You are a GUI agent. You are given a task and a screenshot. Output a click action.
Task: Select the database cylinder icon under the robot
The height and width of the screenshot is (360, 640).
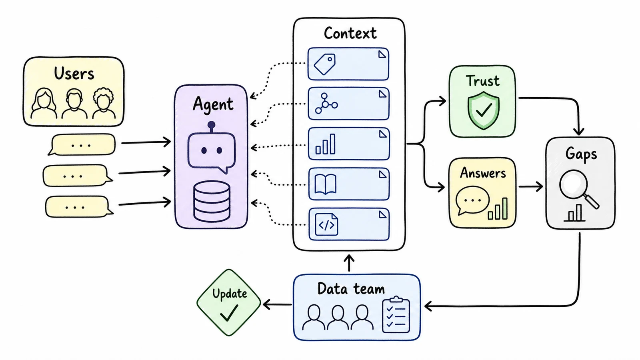coord(212,201)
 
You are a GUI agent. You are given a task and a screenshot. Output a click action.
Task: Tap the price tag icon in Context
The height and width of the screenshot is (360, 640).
coord(324,64)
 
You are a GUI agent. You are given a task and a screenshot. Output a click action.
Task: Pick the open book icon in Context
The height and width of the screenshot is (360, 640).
coord(326,184)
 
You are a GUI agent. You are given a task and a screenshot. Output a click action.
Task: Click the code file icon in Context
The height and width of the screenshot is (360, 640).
coord(326,224)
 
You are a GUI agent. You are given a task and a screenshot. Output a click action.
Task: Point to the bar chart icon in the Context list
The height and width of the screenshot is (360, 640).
coord(326,144)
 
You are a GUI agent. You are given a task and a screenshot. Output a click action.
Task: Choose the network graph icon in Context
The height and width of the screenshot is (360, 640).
coord(326,103)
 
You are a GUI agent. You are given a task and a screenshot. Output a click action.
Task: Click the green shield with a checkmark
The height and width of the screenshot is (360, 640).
coord(484,110)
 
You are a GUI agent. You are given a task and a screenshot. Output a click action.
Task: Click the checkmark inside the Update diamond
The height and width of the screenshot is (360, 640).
coord(229,312)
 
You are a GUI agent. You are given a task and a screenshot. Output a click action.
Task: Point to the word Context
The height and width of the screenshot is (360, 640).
coord(350,33)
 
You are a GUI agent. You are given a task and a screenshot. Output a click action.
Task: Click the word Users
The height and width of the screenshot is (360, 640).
coord(74,74)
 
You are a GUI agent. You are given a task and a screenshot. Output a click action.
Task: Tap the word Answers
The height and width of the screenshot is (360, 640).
coord(483,173)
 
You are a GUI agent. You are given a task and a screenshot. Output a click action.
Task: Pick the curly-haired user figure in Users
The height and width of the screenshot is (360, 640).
coord(104,103)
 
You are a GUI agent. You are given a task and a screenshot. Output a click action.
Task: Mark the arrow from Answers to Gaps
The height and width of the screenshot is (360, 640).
coord(531,186)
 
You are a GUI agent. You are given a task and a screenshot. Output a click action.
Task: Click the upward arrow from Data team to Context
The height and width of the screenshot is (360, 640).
coord(349,263)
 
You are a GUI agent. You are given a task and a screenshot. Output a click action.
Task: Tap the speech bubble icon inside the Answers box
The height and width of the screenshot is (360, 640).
coord(472,200)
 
